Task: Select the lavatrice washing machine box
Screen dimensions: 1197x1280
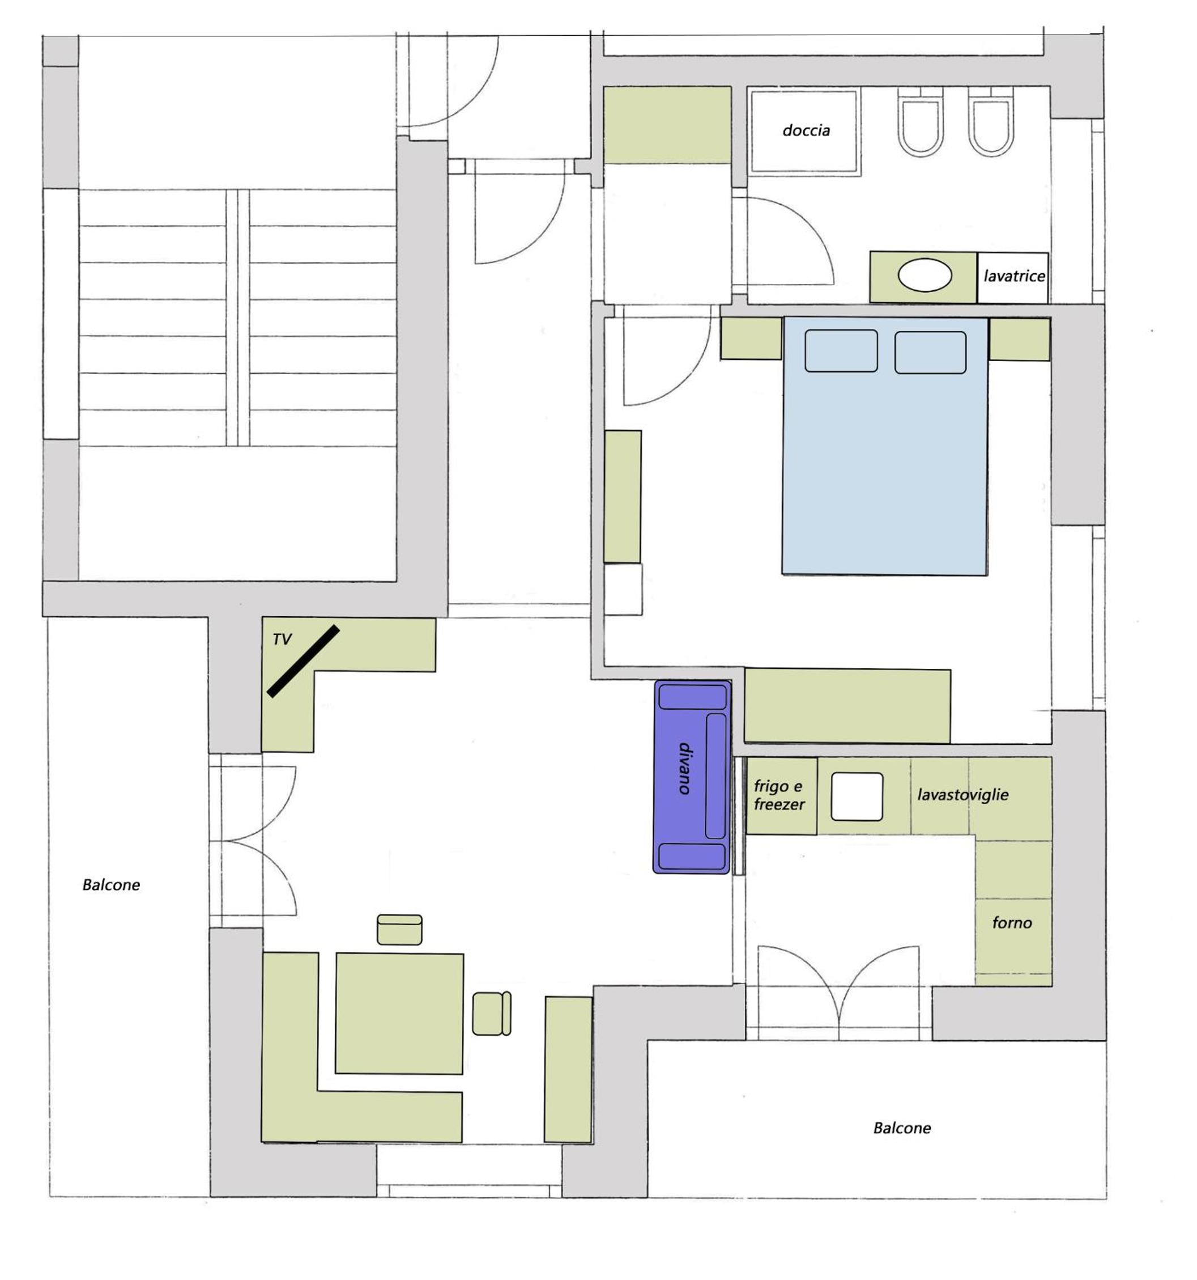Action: click(x=1012, y=277)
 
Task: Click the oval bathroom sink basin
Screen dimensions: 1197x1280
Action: click(x=924, y=275)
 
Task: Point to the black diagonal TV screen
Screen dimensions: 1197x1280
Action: click(x=303, y=660)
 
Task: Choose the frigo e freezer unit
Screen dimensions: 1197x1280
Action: click(x=781, y=796)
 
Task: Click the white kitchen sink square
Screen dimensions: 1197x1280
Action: click(x=857, y=796)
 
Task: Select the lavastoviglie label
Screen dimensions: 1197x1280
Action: click(x=962, y=795)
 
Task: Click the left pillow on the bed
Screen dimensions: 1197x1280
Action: click(x=841, y=351)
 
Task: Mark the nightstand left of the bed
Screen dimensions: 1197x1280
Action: click(x=751, y=338)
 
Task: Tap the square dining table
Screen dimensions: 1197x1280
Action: click(x=399, y=1014)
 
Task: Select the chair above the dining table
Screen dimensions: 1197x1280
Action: click(x=399, y=930)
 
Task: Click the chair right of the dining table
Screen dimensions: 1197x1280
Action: click(x=492, y=1014)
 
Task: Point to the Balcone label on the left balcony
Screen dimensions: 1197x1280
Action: click(x=110, y=885)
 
